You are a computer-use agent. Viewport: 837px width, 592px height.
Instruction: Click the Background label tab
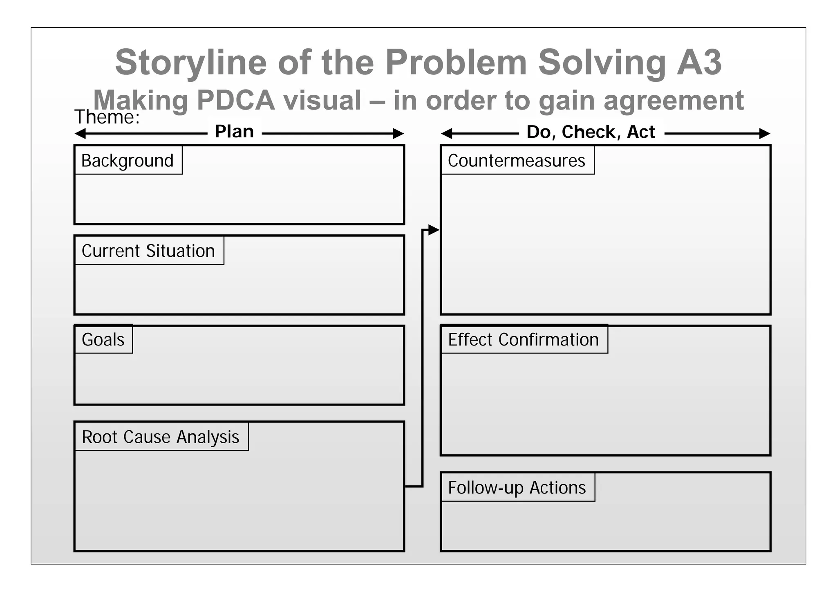coord(128,160)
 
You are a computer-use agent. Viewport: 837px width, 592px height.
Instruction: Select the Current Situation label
coord(149,251)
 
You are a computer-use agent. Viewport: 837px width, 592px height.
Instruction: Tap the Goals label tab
coord(103,339)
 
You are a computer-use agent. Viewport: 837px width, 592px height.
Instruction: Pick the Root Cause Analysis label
coord(161,437)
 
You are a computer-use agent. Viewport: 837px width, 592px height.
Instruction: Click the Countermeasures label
coord(517,160)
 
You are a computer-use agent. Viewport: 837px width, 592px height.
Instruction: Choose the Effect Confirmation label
coord(524,339)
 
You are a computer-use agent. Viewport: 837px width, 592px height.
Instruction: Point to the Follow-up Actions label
coord(517,487)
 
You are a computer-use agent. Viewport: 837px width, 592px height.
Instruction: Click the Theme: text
coord(107,117)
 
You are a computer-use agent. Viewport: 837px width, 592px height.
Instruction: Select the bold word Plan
coord(234,132)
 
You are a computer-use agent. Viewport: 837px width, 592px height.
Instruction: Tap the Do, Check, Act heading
coord(591,132)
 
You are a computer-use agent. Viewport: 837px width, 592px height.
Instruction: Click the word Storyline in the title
coord(191,62)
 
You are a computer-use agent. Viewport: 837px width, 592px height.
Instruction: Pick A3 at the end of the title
coord(699,62)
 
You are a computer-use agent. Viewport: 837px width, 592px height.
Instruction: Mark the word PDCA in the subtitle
coord(236,100)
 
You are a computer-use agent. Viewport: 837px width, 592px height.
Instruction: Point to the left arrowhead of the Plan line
coord(80,133)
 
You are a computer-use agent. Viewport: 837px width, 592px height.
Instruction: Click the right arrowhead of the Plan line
coord(398,133)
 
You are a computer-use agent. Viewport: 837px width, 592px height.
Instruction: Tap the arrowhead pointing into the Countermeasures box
coord(434,230)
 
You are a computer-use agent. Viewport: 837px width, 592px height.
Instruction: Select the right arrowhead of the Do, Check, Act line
coord(765,133)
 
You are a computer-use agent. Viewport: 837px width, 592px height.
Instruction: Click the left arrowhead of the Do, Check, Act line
coord(447,133)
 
